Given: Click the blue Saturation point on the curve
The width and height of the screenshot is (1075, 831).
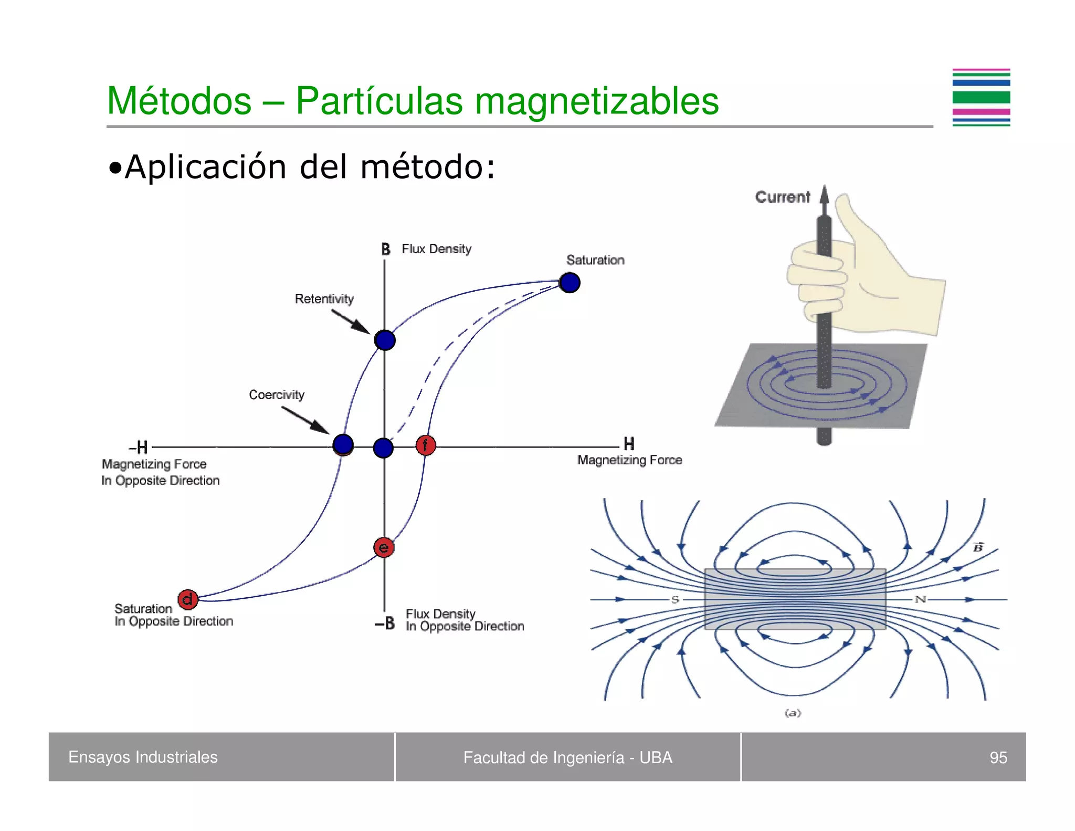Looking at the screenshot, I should (570, 283).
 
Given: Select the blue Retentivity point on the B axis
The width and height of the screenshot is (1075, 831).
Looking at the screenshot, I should (385, 340).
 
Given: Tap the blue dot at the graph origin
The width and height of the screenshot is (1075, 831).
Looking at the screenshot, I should (383, 448).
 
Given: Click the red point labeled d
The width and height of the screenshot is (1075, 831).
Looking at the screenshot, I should (187, 599).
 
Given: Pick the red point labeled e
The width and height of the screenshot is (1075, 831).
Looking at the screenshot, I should (384, 547).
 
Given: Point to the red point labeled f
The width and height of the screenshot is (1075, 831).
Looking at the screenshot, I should (426, 445).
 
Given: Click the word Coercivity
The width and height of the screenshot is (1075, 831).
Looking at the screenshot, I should (277, 394).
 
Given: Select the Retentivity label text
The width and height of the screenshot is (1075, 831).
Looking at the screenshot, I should (324, 299).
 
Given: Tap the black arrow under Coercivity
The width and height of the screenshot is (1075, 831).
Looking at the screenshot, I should (305, 420).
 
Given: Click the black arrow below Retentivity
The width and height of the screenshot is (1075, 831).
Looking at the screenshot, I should (351, 321).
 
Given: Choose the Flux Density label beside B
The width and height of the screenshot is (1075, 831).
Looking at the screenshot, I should (436, 249).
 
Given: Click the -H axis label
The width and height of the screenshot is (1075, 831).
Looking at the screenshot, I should (139, 448).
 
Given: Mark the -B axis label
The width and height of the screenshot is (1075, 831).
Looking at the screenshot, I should (385, 624).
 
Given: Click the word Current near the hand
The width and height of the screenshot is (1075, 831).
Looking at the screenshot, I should (782, 197).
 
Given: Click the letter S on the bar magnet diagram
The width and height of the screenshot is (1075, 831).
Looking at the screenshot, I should (675, 599).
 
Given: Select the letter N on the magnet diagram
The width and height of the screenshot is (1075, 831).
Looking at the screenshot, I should (921, 599).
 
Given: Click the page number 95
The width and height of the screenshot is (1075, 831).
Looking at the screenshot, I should (998, 757).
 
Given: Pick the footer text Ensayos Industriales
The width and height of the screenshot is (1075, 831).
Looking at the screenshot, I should (143, 757).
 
